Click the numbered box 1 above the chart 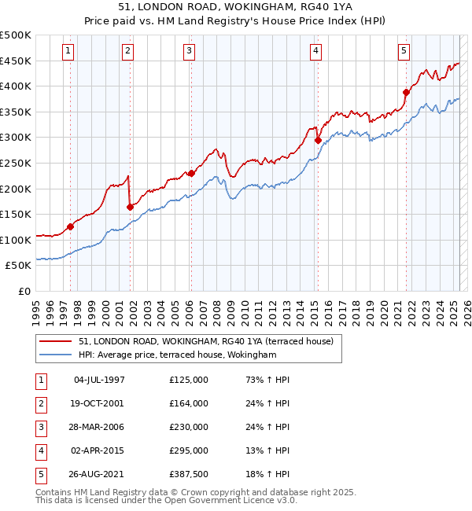point(69,51)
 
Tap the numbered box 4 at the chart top point(315,51)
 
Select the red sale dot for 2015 point(319,141)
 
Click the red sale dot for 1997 point(70,226)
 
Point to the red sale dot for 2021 point(407,92)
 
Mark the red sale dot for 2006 point(191,173)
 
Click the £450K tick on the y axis point(16,61)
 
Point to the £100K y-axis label point(16,240)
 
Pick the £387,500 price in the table point(189,474)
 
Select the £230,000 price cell point(189,427)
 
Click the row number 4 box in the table point(40,450)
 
